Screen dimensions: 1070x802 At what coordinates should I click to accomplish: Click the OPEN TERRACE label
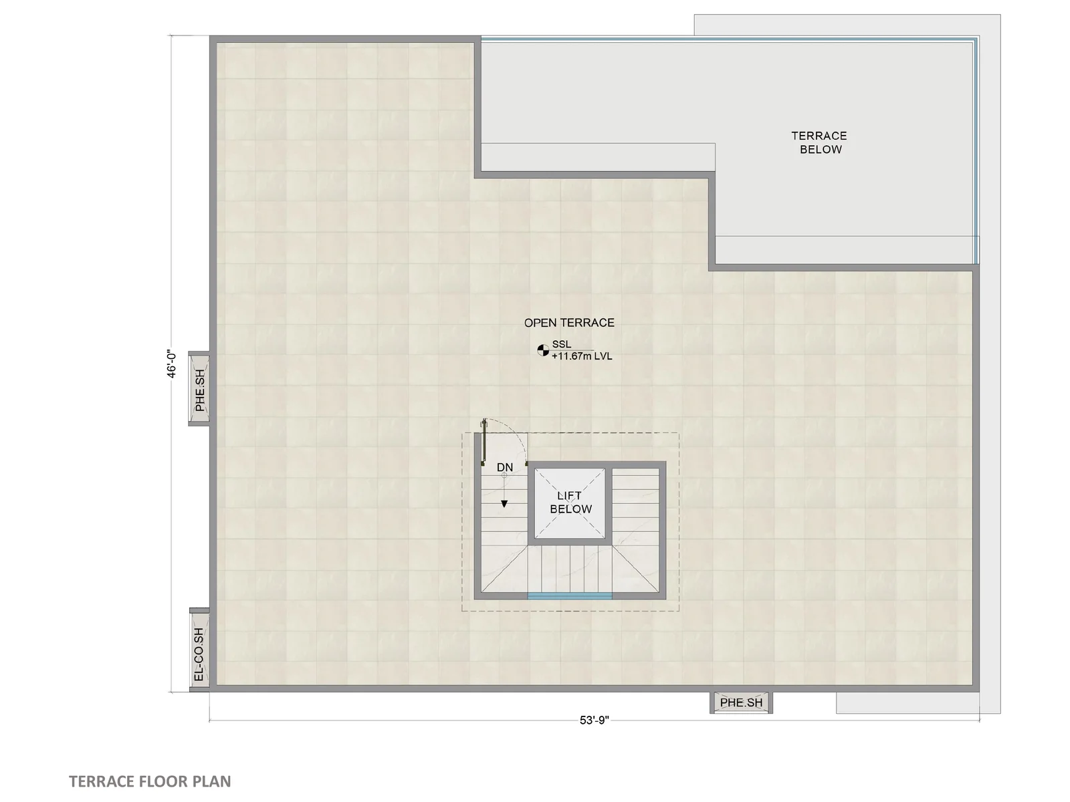coord(569,322)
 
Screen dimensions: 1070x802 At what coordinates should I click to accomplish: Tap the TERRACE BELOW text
coord(819,142)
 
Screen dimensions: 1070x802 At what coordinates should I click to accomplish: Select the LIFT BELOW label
coord(570,502)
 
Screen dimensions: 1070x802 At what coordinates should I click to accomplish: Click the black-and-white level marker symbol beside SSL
coord(543,350)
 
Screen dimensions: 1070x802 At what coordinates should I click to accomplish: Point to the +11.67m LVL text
coord(582,356)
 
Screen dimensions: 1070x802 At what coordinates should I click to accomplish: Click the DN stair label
coord(504,467)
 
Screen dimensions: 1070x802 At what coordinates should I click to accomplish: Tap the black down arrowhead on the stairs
coord(504,504)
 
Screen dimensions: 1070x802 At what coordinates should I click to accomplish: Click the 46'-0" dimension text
coord(172,364)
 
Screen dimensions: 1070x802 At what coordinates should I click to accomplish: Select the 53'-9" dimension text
coord(595,720)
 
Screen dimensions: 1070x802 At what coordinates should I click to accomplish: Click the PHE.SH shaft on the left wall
coord(199,389)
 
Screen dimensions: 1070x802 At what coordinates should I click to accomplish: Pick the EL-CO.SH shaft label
coord(199,654)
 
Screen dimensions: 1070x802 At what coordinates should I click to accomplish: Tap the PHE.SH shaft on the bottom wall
coord(741,702)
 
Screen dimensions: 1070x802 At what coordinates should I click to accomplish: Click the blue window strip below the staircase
coord(570,596)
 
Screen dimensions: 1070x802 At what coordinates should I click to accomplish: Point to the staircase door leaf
coord(484,440)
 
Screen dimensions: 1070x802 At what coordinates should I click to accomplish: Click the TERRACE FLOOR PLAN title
coord(150,781)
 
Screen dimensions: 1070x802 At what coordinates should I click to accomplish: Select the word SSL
coord(562,344)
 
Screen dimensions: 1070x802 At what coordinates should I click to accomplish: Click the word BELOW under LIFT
coord(571,509)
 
